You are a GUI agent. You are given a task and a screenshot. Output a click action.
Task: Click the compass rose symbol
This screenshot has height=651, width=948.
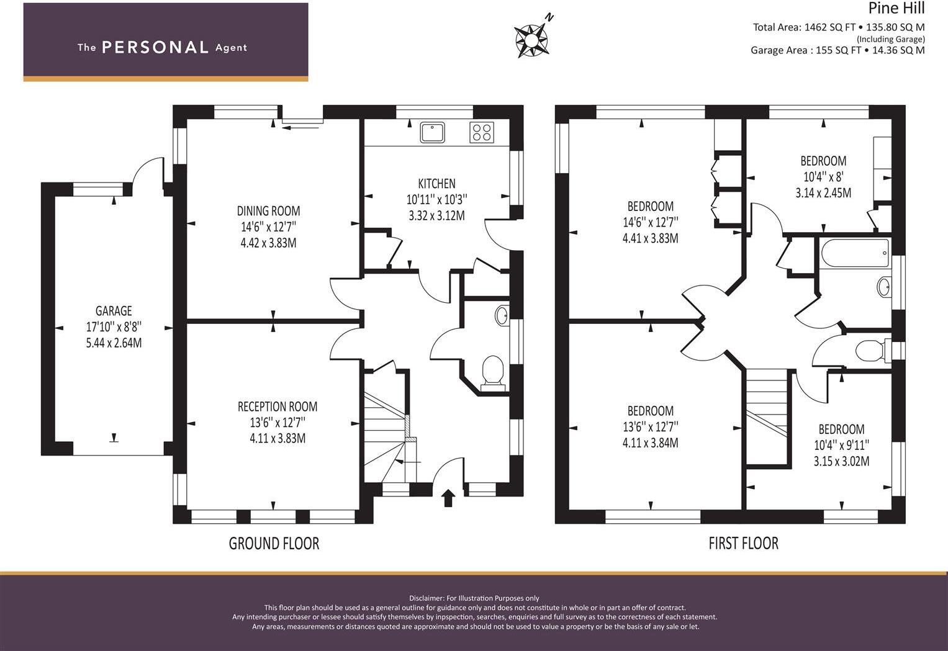coord(531,40)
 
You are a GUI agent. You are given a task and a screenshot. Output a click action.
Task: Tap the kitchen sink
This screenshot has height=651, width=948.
coord(432,132)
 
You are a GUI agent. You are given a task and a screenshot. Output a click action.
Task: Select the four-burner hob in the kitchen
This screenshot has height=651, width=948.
coord(482,132)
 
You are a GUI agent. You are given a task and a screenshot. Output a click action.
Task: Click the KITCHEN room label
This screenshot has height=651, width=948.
coord(437,184)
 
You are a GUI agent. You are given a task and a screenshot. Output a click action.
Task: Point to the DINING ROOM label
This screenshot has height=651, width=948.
coord(268,210)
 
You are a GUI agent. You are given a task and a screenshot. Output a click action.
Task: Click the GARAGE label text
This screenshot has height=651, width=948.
coord(114,311)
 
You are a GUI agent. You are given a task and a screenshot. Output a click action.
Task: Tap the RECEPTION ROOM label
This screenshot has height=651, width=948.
coord(278,406)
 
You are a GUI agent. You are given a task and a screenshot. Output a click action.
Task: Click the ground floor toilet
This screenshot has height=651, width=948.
coord(492,373)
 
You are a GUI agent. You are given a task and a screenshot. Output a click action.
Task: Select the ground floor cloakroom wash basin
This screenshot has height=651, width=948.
coord(502,315)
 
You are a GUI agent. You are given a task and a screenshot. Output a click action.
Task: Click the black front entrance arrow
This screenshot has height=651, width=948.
coord(448,498)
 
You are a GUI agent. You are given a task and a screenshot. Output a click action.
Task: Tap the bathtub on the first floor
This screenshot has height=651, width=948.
coord(855,253)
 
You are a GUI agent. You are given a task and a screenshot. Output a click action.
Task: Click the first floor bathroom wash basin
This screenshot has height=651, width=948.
coord(883,287)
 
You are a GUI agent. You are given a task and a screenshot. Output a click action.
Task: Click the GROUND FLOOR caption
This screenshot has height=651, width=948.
coord(274,544)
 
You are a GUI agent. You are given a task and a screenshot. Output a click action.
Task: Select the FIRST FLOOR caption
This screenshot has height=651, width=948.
coord(744,544)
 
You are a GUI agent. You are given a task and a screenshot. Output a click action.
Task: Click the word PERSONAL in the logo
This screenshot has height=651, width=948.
coord(155,47)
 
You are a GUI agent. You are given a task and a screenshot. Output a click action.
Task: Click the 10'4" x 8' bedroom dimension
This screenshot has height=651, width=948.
coord(824,177)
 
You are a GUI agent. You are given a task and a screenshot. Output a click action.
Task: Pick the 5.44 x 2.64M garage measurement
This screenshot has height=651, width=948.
coord(114,343)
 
